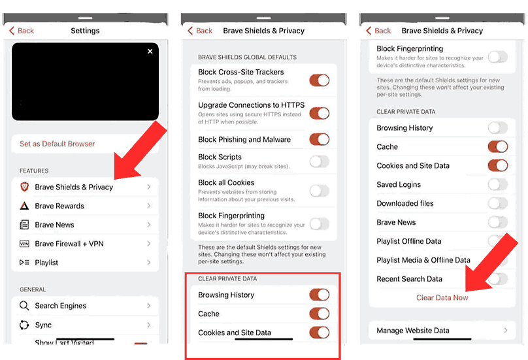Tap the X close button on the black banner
[x=150, y=52]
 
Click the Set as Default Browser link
[x=57, y=144]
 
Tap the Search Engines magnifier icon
[x=24, y=306]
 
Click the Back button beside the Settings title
[x=22, y=31]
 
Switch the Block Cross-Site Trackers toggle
[x=319, y=80]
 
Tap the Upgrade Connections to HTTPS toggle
[x=319, y=113]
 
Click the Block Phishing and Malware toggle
[x=319, y=139]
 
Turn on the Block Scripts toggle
[x=319, y=161]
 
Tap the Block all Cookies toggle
[x=319, y=191]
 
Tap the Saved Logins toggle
[x=497, y=185]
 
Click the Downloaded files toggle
[x=497, y=204]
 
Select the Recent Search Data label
[x=409, y=279]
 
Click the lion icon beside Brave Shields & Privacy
[x=24, y=187]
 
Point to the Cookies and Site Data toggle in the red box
[x=319, y=333]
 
